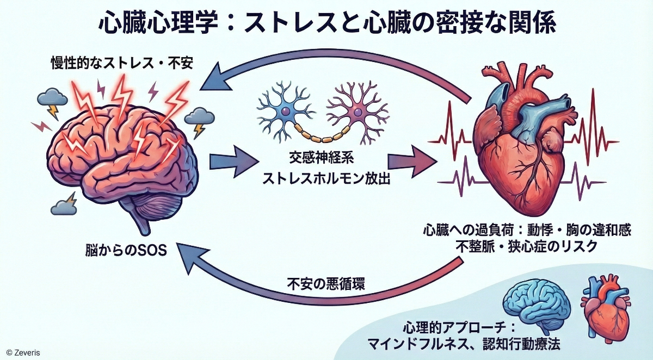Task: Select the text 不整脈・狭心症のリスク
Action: click(527, 246)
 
